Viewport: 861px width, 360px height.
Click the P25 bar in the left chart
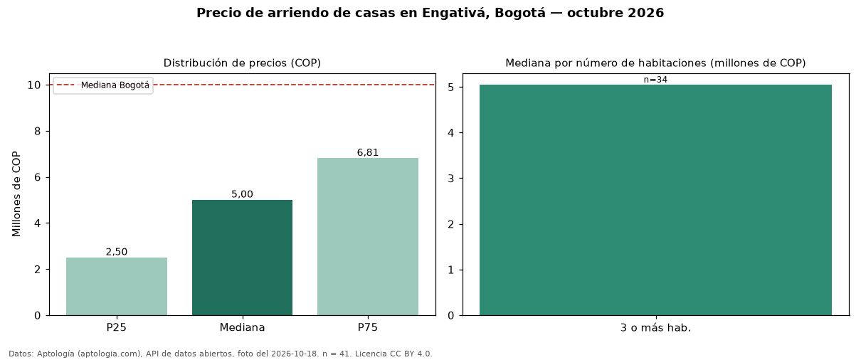(x=117, y=286)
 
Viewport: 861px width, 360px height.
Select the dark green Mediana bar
(x=242, y=258)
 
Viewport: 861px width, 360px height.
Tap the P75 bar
(x=368, y=237)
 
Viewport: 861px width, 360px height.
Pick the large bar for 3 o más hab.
(x=655, y=200)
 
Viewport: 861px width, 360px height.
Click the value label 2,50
(x=117, y=252)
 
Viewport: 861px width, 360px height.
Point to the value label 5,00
(x=242, y=194)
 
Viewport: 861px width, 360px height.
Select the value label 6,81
(x=368, y=152)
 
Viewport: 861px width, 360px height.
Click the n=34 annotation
(x=655, y=80)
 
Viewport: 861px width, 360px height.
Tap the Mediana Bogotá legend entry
(x=103, y=85)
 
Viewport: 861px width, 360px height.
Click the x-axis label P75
(x=368, y=327)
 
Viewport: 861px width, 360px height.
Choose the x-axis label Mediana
(x=242, y=327)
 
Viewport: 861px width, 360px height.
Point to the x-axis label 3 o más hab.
(x=655, y=328)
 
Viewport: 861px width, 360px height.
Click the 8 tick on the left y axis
(x=37, y=132)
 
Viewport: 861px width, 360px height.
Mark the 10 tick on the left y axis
(x=34, y=85)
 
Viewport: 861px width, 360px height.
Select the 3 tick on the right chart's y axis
(x=451, y=179)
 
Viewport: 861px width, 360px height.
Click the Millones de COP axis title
(x=16, y=194)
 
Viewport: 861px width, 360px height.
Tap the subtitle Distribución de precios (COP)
(x=242, y=63)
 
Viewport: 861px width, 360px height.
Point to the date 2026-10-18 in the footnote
(x=295, y=354)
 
